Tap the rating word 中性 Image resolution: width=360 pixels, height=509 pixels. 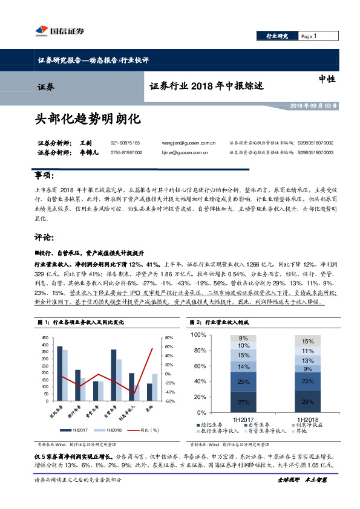(x=327, y=79)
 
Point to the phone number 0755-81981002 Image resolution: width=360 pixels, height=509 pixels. (x=126, y=153)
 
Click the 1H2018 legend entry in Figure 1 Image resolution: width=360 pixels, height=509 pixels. (x=113, y=430)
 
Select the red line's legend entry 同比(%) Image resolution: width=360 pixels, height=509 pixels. (x=148, y=430)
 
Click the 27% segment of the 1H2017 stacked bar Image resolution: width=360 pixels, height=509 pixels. (x=243, y=402)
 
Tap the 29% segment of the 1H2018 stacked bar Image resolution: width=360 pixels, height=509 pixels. (x=307, y=401)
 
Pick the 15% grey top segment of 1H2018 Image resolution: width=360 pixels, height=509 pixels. (x=307, y=341)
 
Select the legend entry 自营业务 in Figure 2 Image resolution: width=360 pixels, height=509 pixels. (x=254, y=425)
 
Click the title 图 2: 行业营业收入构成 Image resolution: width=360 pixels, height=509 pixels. (x=218, y=322)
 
